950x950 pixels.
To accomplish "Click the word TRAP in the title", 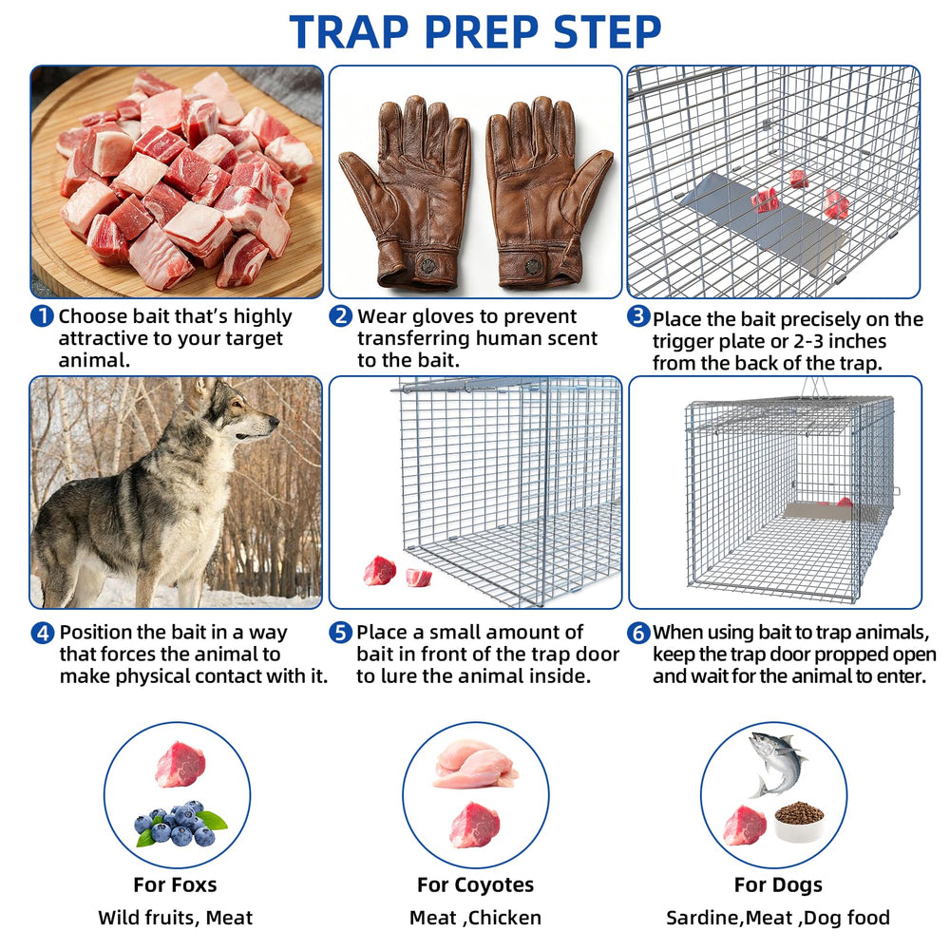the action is click(x=349, y=31).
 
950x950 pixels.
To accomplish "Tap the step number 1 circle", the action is click(x=42, y=315).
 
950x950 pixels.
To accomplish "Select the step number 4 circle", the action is click(x=43, y=633).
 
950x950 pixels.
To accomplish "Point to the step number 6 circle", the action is click(x=638, y=633).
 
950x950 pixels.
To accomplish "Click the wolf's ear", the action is click(x=204, y=389).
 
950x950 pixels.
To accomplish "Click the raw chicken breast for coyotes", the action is click(x=476, y=765).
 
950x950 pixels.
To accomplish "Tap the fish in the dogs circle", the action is click(x=777, y=763).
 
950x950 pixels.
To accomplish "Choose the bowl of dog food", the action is click(x=799, y=822).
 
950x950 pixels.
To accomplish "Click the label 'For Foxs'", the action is click(x=175, y=884).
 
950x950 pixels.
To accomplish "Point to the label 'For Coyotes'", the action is click(x=476, y=884).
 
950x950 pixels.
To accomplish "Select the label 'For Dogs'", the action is click(x=779, y=885).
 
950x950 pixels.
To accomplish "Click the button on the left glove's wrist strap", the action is click(x=427, y=265).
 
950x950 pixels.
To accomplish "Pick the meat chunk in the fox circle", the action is click(x=180, y=764).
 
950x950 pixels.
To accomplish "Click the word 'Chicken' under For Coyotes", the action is click(x=504, y=918).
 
